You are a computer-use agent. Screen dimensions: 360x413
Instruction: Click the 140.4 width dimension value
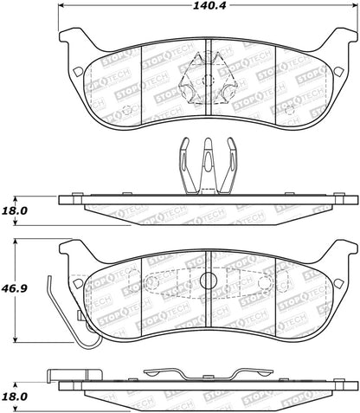pyautogui.click(x=209, y=6)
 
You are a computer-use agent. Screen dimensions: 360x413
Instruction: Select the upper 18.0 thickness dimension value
pyautogui.click(x=15, y=210)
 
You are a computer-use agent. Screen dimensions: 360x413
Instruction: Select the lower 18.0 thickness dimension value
pyautogui.click(x=15, y=397)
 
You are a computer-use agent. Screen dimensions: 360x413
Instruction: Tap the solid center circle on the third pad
pyautogui.click(x=208, y=280)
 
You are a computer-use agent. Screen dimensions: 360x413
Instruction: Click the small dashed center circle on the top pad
pyautogui.click(x=209, y=80)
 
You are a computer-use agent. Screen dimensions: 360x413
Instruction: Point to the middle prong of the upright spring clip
pyautogui.click(x=208, y=165)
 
